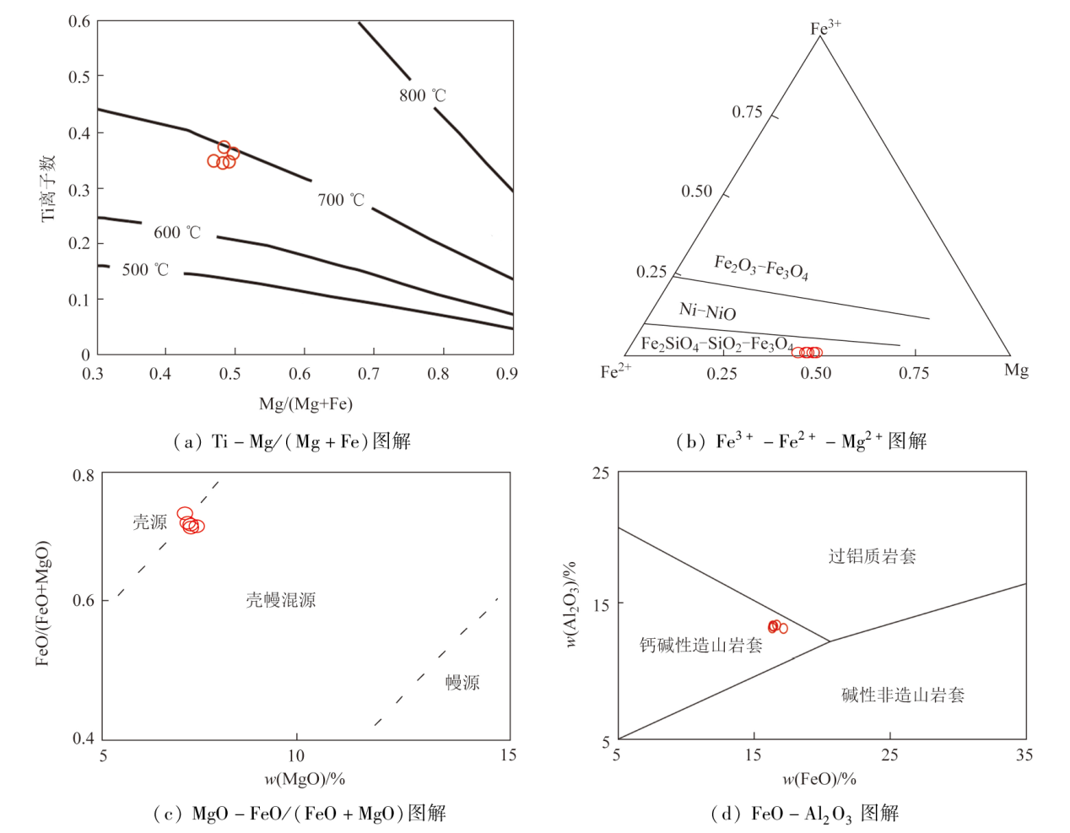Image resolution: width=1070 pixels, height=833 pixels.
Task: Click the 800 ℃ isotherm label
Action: click(422, 95)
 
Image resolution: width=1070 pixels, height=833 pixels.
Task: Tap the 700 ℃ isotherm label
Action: click(341, 200)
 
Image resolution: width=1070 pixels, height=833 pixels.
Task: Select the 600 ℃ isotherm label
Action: click(177, 232)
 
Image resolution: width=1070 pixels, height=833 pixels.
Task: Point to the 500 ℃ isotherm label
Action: click(145, 270)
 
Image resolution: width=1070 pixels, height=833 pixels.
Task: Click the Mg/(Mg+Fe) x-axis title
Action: click(305, 403)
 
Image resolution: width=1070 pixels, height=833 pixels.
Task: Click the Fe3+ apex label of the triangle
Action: click(824, 28)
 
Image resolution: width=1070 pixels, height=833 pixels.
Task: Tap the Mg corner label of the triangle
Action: click(1016, 370)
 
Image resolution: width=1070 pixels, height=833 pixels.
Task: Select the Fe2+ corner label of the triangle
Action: click(615, 371)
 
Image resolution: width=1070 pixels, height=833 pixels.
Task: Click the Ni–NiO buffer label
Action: click(707, 311)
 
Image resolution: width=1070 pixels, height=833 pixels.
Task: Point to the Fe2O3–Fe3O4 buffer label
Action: click(761, 267)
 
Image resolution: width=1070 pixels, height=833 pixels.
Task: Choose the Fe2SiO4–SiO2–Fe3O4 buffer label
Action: click(716, 343)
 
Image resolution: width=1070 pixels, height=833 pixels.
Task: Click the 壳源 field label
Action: click(149, 522)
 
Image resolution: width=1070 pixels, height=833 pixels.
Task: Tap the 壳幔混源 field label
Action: click(281, 600)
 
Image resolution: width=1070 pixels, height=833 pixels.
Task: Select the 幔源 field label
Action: click(462, 682)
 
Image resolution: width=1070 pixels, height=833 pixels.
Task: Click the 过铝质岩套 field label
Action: click(872, 555)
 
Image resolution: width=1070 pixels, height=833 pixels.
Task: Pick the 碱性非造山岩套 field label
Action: click(903, 695)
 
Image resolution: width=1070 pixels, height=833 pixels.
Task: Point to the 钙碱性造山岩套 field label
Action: click(700, 646)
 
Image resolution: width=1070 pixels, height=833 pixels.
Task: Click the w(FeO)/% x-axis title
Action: click(819, 778)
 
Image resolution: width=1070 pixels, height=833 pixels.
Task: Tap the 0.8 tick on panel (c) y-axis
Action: click(84, 475)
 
